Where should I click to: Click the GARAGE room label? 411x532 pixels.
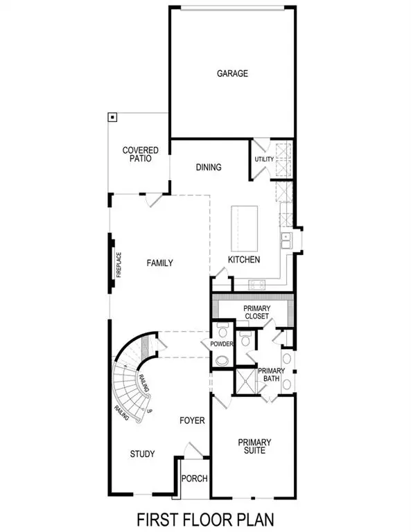click(231, 73)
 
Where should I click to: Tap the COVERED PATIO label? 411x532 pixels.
click(141, 154)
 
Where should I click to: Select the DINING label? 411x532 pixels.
click(208, 167)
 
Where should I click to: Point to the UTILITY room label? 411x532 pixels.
click(264, 160)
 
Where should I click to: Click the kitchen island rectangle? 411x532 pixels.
click(243, 229)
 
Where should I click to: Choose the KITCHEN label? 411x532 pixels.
click(244, 260)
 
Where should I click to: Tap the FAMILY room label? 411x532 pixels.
click(159, 263)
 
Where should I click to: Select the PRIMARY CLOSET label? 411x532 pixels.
click(256, 312)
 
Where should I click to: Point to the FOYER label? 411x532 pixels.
click(191, 420)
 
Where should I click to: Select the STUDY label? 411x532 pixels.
click(142, 454)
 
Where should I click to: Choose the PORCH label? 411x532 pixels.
click(193, 479)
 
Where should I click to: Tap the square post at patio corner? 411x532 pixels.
click(112, 118)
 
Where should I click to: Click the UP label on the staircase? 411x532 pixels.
click(150, 411)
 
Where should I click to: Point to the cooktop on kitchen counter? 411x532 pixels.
click(256, 283)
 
